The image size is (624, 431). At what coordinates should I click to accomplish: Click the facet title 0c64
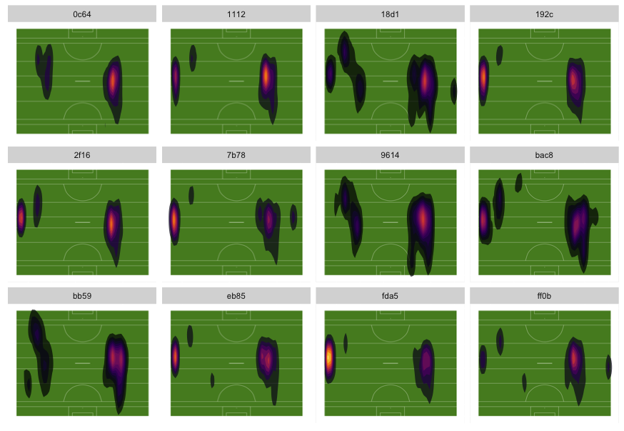pos(82,14)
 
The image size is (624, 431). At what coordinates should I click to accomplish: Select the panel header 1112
pos(236,14)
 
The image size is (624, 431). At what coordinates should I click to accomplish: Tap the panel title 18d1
pos(391,14)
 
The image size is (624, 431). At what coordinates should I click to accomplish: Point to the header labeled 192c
pos(545,14)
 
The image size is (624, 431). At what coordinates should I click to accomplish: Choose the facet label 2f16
pos(82,155)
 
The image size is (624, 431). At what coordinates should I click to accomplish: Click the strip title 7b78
pos(236,155)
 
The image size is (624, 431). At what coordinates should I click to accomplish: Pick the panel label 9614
pos(391,155)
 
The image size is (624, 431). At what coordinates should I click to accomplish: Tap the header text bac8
pos(545,155)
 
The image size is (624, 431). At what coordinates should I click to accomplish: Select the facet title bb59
pos(82,296)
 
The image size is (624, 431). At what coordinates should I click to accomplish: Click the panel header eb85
pos(236,296)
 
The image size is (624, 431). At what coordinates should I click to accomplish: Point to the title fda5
pos(391,296)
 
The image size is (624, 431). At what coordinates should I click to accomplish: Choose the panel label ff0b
pos(545,296)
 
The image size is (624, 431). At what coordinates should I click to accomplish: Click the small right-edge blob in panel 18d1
pos(453,91)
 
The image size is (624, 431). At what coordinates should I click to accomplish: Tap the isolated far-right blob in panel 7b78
pos(293,217)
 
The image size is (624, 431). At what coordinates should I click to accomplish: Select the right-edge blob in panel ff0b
pos(608,367)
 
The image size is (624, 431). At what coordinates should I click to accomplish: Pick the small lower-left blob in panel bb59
pos(28,384)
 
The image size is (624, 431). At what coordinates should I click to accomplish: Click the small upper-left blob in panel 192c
pos(499,55)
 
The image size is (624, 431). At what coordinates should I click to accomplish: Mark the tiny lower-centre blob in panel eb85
pos(213,380)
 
